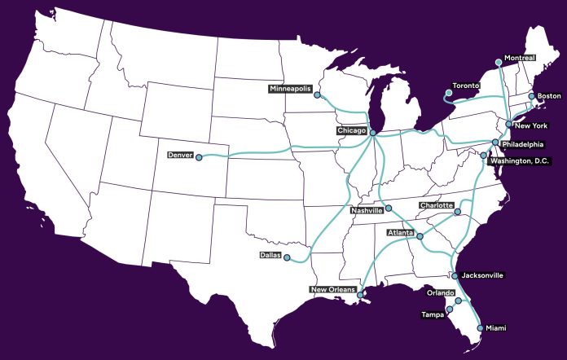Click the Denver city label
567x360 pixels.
tap(178, 155)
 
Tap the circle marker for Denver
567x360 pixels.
tap(198, 158)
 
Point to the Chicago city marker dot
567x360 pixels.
tap(372, 133)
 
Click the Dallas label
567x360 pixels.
tap(270, 255)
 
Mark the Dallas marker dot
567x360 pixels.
tap(287, 257)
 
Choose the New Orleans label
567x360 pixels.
tap(332, 290)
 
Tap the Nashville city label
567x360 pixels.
tap(366, 210)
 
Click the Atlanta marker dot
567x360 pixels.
tap(420, 235)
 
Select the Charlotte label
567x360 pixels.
tap(436, 205)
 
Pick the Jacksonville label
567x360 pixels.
tap(482, 275)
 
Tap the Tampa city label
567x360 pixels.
tap(432, 314)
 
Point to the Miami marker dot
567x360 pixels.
tap(479, 327)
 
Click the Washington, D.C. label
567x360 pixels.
tap(520, 161)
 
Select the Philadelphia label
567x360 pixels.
tap(521, 144)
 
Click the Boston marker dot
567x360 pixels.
tap(530, 96)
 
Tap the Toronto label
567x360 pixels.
tap(468, 86)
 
